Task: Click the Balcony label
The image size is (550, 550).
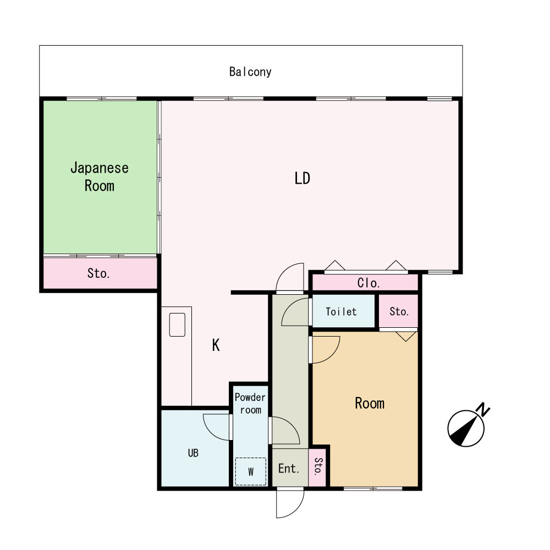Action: pos(250,72)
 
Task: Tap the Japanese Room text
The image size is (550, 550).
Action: pos(100,177)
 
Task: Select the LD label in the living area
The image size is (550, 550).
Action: pos(302,178)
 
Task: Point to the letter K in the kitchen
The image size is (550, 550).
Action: pos(216,345)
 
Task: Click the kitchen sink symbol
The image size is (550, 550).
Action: pos(177,325)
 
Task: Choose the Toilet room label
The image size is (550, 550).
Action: pos(341,311)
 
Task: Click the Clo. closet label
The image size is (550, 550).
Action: pos(369,283)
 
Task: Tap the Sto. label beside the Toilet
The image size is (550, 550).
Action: pos(399,311)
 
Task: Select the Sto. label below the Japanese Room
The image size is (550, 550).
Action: pos(98,273)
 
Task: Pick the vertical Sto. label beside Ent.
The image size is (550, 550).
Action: pos(318,466)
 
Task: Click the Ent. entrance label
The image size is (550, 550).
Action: pos(289,468)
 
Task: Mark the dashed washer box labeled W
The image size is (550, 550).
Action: pos(250,471)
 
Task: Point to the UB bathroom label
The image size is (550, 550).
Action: pos(193,453)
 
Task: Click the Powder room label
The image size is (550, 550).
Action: pos(250,403)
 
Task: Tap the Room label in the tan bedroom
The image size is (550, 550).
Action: pos(370,403)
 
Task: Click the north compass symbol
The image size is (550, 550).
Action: pos(466,428)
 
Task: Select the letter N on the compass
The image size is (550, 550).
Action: pos(483,409)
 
